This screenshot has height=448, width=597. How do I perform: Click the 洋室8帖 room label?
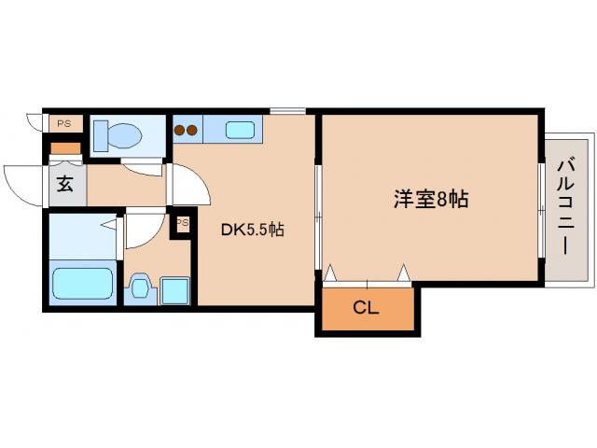pyautogui.click(x=430, y=199)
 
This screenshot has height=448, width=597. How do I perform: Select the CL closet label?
pyautogui.click(x=367, y=308)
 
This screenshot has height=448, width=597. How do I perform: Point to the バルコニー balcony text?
pyautogui.click(x=565, y=208)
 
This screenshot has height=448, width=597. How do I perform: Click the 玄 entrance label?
pyautogui.click(x=65, y=184)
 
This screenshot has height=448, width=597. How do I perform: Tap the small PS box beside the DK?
pyautogui.click(x=183, y=223)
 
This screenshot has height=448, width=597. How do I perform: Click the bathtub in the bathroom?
pyautogui.click(x=82, y=284)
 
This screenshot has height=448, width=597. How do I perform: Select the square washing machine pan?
pyautogui.click(x=174, y=289)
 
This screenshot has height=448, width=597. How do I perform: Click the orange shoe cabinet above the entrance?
pyautogui.click(x=65, y=147)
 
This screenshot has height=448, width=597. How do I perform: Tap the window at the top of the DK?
pyautogui.click(x=288, y=112)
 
